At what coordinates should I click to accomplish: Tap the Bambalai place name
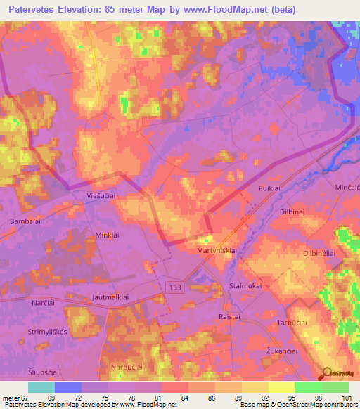26,221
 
